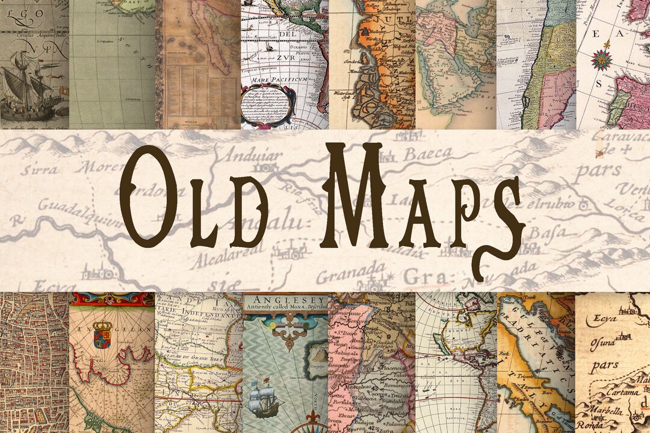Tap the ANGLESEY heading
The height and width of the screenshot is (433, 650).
pyautogui.click(x=277, y=299)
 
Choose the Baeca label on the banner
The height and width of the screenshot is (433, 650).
pyautogui.click(x=427, y=155)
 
